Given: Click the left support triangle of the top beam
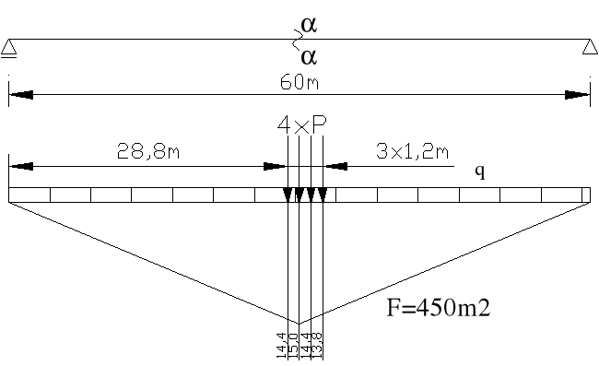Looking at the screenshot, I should click(x=8, y=48).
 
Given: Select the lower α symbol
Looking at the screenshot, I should click(x=310, y=57).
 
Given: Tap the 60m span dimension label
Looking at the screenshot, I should click(x=299, y=82).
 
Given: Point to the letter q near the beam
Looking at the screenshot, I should click(x=479, y=171).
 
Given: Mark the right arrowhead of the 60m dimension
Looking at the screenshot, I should click(x=578, y=94).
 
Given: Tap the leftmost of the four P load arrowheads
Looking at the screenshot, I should click(x=288, y=194).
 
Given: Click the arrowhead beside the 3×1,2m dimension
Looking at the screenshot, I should click(x=334, y=167).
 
